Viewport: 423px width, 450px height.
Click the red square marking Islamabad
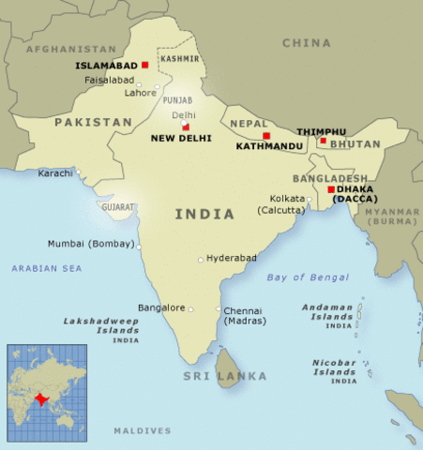(145, 65)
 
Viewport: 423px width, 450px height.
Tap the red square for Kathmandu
(266, 136)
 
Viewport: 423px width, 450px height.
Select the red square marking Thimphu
(323, 142)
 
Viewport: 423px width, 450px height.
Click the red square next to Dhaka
(330, 189)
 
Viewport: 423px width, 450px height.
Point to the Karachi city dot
(79, 172)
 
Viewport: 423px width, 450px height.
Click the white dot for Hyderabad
(200, 260)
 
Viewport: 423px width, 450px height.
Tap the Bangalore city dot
(190, 307)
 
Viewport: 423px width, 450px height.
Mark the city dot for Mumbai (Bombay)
(140, 247)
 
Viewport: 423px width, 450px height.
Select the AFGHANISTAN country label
(70, 48)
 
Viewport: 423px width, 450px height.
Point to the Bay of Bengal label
(308, 277)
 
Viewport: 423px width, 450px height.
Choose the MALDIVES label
(143, 430)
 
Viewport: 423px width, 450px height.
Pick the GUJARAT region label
(119, 206)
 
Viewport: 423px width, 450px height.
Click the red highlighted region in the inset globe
(39, 397)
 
